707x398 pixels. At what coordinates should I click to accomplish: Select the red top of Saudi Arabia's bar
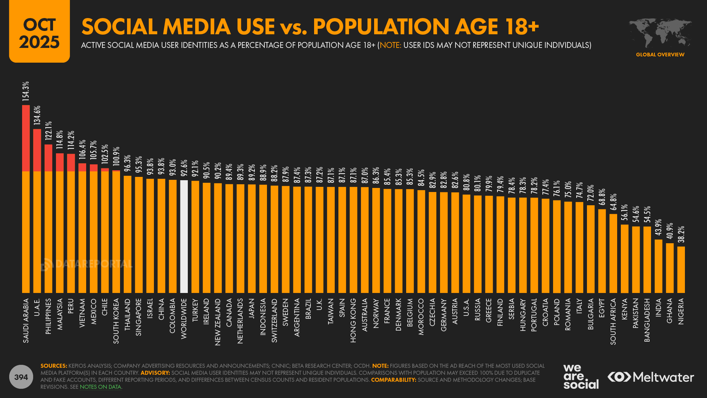[x=26, y=138]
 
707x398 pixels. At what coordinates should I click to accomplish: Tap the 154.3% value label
[x=25, y=91]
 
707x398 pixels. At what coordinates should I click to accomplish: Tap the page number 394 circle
[x=21, y=377]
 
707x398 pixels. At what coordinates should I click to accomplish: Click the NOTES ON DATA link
[x=100, y=387]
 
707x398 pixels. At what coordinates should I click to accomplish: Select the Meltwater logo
[x=651, y=377]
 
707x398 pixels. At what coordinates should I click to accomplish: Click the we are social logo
[x=581, y=377]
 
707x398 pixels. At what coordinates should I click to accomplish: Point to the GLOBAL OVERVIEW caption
[x=660, y=55]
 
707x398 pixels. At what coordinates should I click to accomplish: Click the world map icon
[x=660, y=32]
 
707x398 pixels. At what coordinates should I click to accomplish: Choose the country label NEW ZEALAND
[x=218, y=322]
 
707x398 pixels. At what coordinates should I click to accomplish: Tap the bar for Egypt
[x=602, y=251]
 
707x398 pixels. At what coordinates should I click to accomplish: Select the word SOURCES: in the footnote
[x=54, y=366]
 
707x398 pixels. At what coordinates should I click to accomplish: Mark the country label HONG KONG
[x=353, y=320]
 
